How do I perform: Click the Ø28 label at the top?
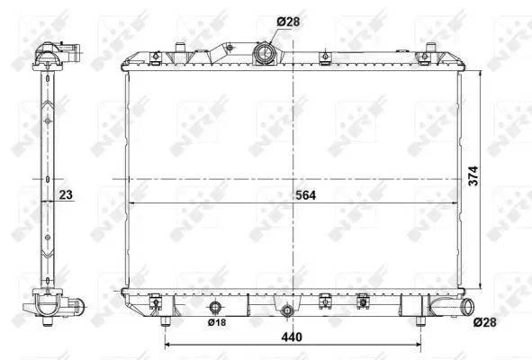pyautogui.click(x=288, y=22)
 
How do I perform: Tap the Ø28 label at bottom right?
pyautogui.click(x=485, y=322)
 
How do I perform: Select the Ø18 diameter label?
pyautogui.click(x=217, y=322)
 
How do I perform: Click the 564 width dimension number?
pyautogui.click(x=305, y=195)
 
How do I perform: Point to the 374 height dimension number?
pyautogui.click(x=473, y=175)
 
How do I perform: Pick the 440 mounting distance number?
pyautogui.click(x=292, y=337)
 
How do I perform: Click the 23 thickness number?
pyautogui.click(x=66, y=194)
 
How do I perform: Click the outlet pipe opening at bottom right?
pyautogui.click(x=470, y=306)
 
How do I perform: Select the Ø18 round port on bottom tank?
pyautogui.click(x=215, y=307)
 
